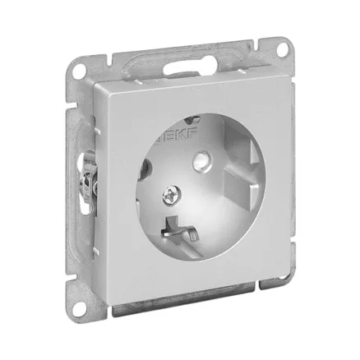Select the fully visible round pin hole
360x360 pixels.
pos(201,160)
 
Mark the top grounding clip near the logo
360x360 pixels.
pos(192,118)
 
